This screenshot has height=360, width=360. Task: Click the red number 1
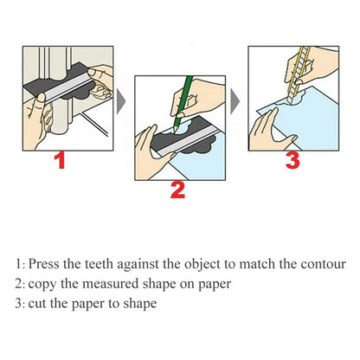59,160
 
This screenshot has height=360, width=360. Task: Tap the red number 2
177,189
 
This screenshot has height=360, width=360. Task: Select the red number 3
292,160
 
